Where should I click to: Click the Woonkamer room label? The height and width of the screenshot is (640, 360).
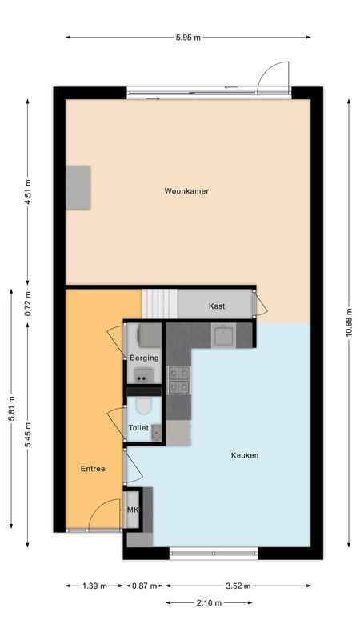[186, 191]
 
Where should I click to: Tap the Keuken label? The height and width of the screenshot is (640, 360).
[244, 455]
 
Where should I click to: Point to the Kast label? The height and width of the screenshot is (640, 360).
[217, 306]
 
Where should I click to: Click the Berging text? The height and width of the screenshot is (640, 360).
[144, 358]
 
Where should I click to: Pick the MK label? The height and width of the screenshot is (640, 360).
[133, 509]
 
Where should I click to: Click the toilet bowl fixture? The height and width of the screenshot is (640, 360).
[143, 406]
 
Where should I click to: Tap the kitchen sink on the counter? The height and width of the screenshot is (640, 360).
[222, 334]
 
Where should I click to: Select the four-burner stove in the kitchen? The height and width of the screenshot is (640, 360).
[178, 379]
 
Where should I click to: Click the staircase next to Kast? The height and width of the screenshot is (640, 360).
[159, 303]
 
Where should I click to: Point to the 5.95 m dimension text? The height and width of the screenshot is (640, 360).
[189, 37]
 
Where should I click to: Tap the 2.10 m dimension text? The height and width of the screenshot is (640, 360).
[212, 602]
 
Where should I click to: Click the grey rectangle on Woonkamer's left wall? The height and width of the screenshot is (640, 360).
[78, 187]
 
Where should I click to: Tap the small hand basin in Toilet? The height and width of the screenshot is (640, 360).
[156, 433]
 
